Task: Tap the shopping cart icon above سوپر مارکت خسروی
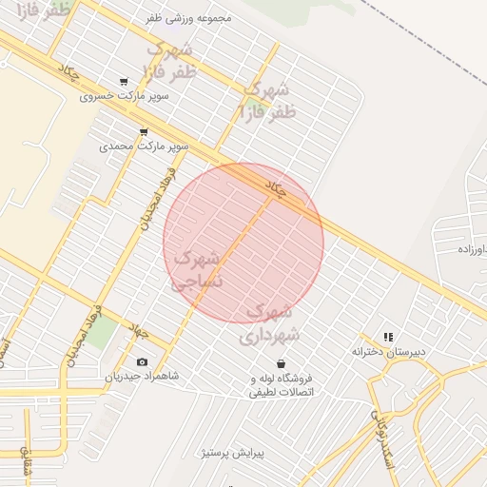click(124, 82)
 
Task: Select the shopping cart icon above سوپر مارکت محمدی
click(144, 132)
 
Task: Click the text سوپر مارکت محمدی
click(144, 147)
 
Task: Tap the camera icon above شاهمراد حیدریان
click(143, 361)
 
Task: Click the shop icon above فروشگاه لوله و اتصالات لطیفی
click(281, 363)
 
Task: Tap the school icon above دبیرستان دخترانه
click(387, 337)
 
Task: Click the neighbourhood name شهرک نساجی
click(197, 269)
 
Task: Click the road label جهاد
click(140, 332)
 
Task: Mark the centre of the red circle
click(243, 243)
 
